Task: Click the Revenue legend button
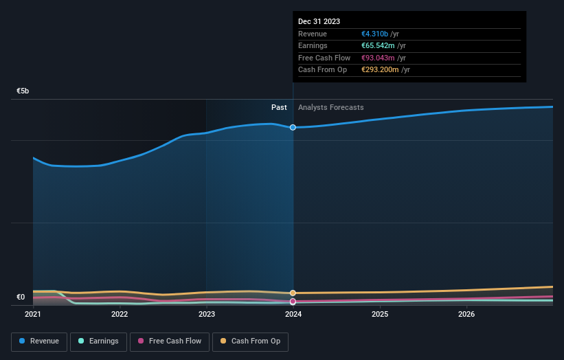tap(39, 341)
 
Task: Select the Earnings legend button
tap(98, 341)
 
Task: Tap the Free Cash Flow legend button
tap(169, 341)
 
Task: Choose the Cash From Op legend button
tap(250, 341)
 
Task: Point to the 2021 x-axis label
tap(33, 315)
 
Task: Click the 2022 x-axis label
tap(120, 315)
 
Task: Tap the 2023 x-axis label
tap(206, 315)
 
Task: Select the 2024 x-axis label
tap(293, 315)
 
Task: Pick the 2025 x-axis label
tap(380, 315)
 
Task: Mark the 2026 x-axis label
tap(466, 315)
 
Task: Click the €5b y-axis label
tap(23, 91)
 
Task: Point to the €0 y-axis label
tap(21, 297)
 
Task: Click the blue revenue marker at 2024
tap(293, 127)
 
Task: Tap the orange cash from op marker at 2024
tap(293, 293)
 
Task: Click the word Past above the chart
tap(279, 107)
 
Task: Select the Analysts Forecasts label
tap(331, 107)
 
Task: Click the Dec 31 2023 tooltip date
tap(319, 22)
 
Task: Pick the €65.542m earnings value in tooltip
tap(379, 46)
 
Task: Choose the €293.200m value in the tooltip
tap(381, 70)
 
